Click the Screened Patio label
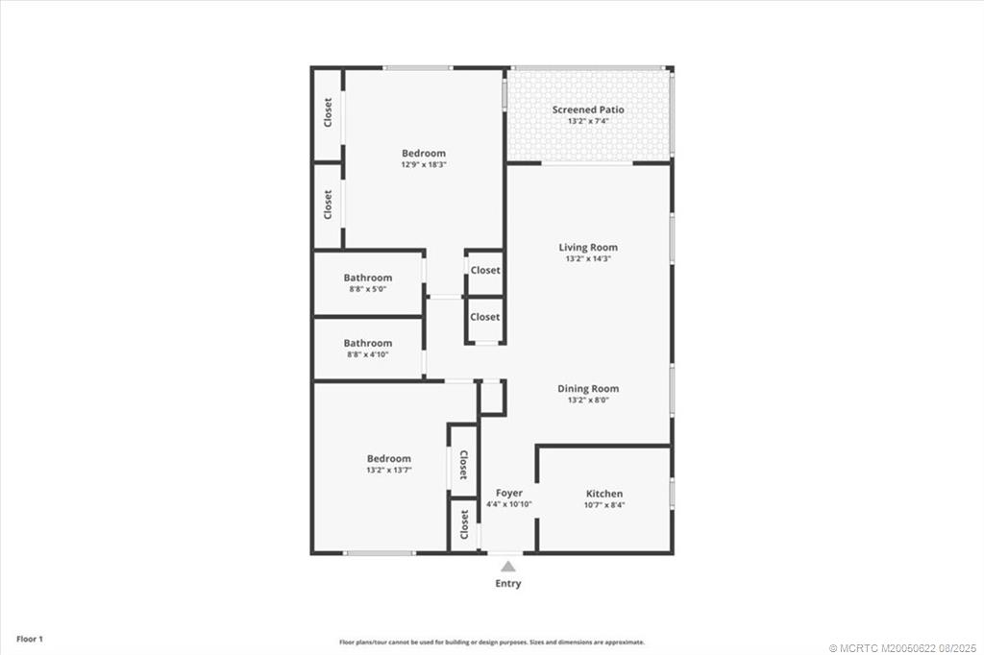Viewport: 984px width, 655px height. [587, 109]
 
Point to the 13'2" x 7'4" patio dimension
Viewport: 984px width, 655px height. [587, 122]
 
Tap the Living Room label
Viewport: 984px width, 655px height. [588, 247]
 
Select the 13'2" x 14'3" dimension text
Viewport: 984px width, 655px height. [588, 259]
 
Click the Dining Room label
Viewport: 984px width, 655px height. [588, 388]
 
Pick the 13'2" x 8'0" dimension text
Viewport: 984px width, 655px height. [588, 400]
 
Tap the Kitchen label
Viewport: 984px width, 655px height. [604, 494]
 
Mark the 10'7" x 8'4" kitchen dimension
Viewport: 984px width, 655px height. [604, 506]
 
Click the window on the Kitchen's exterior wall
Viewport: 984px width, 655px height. [672, 493]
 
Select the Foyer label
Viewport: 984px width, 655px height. [508, 493]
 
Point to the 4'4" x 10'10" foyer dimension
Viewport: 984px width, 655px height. [508, 504]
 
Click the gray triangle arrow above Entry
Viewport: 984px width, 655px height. [507, 567]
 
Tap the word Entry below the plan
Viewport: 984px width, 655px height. [507, 583]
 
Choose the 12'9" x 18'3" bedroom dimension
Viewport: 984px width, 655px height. [424, 165]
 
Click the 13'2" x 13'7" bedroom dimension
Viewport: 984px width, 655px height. [388, 471]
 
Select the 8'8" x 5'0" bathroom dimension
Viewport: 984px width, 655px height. [368, 289]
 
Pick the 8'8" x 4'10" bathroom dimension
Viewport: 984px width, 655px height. [368, 354]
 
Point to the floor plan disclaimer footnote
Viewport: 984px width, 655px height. [491, 642]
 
